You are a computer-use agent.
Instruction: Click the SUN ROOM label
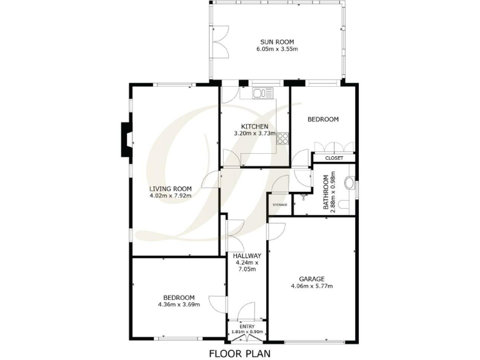tap(277, 42)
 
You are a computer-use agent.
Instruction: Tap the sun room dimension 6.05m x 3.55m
tap(277, 49)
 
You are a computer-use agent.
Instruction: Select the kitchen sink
tap(262, 94)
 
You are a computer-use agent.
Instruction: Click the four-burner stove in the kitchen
tap(283, 138)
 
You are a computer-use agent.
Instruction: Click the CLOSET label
tap(334, 158)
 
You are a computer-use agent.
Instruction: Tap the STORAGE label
tap(280, 204)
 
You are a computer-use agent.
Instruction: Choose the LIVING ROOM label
tap(170, 188)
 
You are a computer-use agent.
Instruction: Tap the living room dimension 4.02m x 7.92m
tap(170, 196)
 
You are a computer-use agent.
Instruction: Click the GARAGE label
tap(311, 279)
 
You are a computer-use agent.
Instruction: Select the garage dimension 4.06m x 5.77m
tap(311, 286)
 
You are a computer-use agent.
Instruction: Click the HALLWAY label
tap(247, 256)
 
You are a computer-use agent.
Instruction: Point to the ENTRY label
tap(247, 326)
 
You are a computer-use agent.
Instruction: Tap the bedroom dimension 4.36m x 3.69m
tap(179, 305)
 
